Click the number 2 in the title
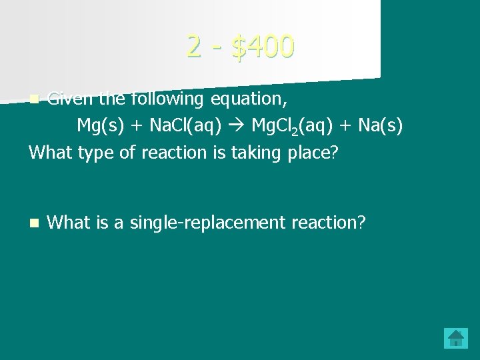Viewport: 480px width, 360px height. pos(194,46)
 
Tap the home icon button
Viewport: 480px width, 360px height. pos(456,338)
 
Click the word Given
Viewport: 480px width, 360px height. pos(71,99)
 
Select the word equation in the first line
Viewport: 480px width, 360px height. pos(249,100)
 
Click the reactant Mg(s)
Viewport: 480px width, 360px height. pos(101,126)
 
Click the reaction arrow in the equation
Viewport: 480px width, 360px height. pos(239,126)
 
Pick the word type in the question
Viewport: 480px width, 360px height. pos(99,153)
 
